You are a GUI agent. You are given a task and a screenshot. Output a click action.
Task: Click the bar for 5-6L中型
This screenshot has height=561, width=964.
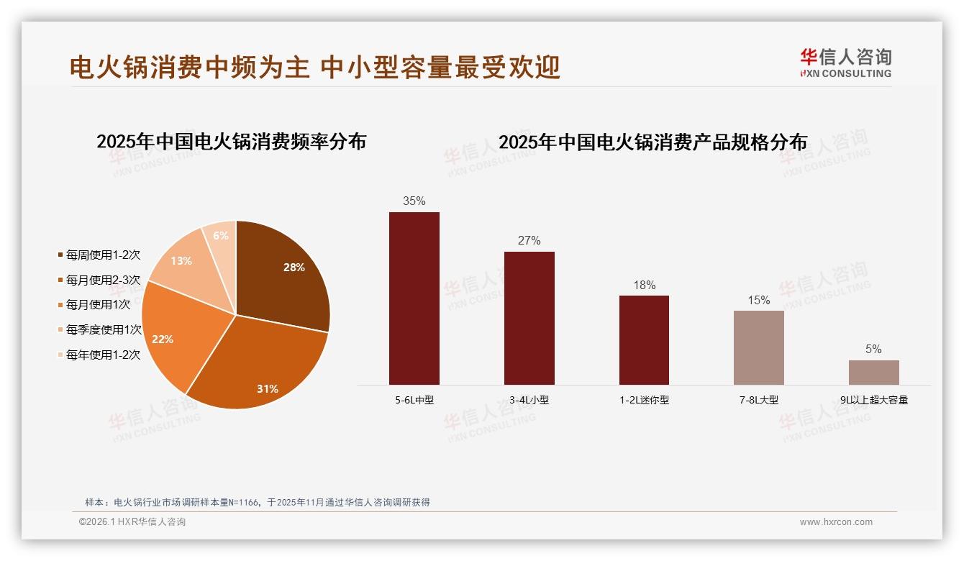[414, 298]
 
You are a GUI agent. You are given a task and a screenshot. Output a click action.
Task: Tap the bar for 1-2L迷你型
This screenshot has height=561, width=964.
[644, 339]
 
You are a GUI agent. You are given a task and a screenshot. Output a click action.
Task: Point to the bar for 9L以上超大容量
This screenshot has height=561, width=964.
[873, 372]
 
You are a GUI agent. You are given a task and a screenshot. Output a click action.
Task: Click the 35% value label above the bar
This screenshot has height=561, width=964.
[414, 201]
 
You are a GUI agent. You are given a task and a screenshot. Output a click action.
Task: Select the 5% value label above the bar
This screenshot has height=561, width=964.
[873, 350]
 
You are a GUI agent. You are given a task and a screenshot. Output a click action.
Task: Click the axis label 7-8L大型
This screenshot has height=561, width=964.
[759, 400]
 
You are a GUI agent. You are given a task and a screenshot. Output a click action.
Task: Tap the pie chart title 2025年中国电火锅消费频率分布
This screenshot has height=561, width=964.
[231, 142]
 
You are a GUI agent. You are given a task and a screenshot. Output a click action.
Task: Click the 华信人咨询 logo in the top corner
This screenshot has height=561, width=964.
[845, 63]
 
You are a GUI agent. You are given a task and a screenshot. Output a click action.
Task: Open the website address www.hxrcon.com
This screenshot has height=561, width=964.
[836, 522]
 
